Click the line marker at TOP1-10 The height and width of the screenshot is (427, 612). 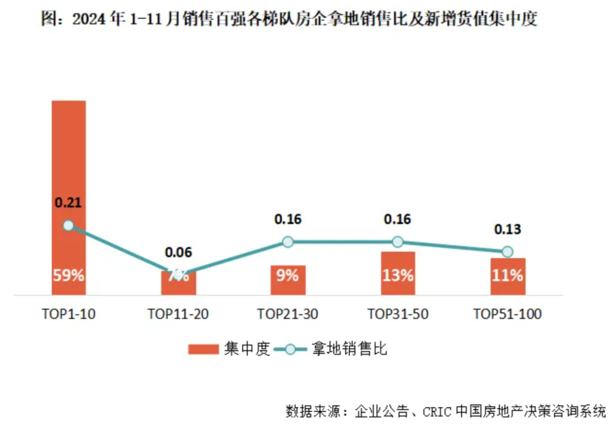69,225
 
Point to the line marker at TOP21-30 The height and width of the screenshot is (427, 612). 288,242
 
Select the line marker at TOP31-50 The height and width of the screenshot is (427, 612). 398,242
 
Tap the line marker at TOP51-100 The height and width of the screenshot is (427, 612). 508,251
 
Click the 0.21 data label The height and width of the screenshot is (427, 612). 69,202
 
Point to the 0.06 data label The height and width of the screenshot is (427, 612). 178,252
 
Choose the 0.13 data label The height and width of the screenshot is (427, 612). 508,230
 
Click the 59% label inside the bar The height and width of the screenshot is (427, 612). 69,276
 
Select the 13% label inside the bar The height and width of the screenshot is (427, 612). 398,276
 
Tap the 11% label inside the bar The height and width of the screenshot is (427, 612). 508,276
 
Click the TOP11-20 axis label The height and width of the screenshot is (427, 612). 178,314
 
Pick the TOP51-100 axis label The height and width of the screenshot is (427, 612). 508,314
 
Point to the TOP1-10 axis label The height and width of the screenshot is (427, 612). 69,314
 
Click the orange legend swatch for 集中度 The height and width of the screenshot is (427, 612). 203,349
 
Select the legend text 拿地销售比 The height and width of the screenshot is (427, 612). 350,349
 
